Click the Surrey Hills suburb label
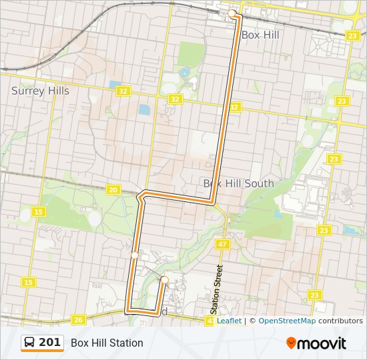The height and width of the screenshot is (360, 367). pyautogui.click(x=40, y=91)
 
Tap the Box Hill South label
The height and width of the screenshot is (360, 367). pyautogui.click(x=238, y=183)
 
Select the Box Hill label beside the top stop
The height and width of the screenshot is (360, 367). pyautogui.click(x=260, y=35)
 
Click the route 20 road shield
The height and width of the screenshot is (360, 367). pyautogui.click(x=113, y=190)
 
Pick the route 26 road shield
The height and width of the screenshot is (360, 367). pyautogui.click(x=79, y=320)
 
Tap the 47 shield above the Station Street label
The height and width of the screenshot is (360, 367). pyautogui.click(x=222, y=245)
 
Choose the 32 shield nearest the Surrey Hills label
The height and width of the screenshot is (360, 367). pyautogui.click(x=123, y=91)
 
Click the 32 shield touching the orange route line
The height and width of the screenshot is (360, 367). pyautogui.click(x=234, y=107)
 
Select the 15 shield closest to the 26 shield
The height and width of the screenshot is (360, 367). pyautogui.click(x=29, y=283)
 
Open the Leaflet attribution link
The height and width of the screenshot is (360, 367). pyautogui.click(x=229, y=321)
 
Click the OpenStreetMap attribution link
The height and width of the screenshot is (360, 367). pyautogui.click(x=287, y=321)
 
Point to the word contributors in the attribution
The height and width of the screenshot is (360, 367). pyautogui.click(x=340, y=321)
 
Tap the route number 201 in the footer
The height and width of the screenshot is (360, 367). pyautogui.click(x=50, y=343)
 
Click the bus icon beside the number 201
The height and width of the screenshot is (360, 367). pyautogui.click(x=30, y=343)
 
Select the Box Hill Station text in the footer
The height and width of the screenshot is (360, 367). pyautogui.click(x=107, y=343)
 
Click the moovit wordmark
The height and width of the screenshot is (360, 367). pyautogui.click(x=322, y=343)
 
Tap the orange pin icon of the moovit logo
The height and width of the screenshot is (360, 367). pyautogui.click(x=291, y=343)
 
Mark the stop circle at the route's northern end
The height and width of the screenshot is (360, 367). pyautogui.click(x=232, y=13)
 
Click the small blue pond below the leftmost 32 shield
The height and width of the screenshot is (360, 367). pyautogui.click(x=144, y=109)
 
